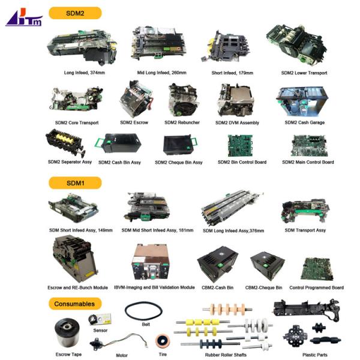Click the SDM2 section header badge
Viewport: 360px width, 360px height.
74,13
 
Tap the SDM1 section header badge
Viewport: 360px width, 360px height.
74,182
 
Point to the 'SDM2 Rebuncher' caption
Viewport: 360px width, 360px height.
182,123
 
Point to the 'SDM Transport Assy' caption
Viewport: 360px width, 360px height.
305,230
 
